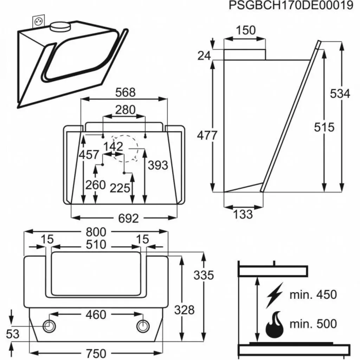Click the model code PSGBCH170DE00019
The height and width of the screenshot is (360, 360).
[291, 6]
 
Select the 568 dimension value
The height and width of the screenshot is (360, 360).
[126, 92]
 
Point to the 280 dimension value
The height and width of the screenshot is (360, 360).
[125, 110]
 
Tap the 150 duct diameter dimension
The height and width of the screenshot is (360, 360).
[245, 31]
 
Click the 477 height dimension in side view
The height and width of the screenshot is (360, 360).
[207, 135]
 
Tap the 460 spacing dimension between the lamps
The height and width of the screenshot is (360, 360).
[96, 315]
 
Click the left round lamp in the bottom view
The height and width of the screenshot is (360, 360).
[49, 326]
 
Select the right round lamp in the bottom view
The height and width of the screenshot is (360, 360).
[143, 326]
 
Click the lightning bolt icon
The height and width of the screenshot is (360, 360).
[274, 295]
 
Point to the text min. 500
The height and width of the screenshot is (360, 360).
[313, 323]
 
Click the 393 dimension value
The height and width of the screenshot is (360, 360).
[157, 165]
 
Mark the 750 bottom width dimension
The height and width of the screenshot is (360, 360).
[96, 353]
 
